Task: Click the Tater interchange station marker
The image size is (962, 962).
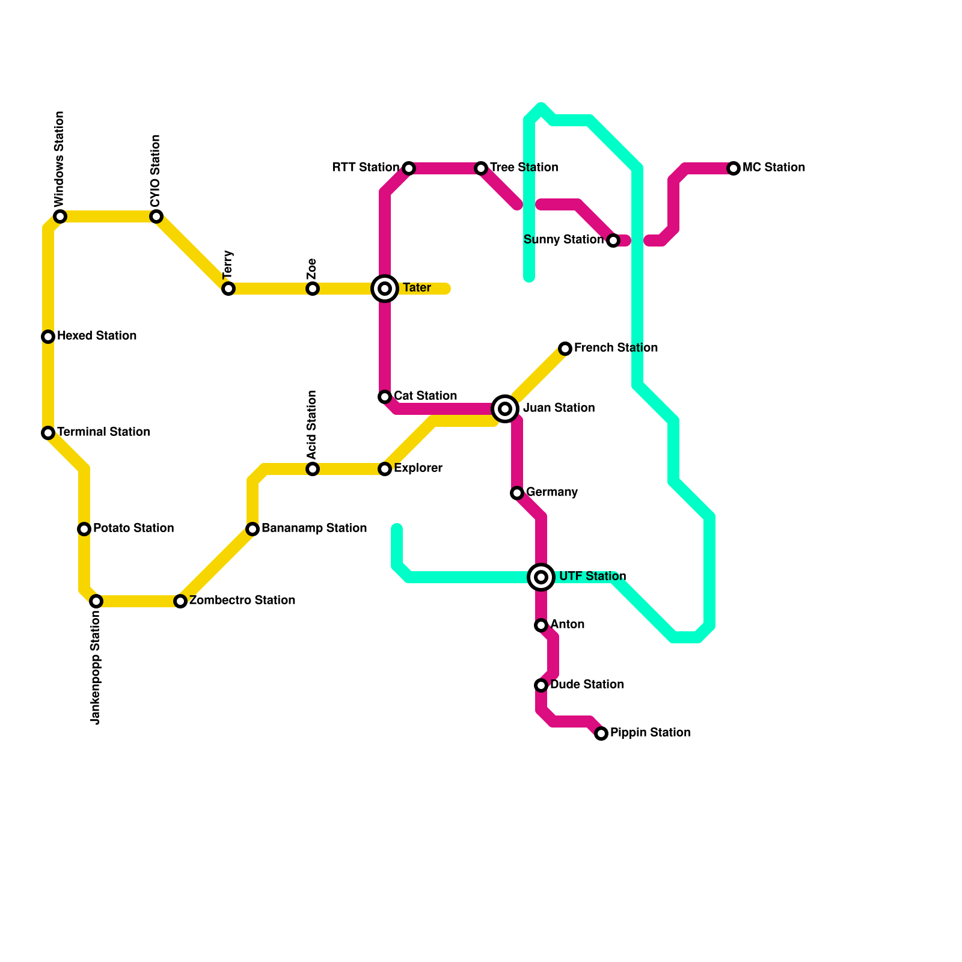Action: coord(385,289)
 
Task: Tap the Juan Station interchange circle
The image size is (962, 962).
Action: coord(505,409)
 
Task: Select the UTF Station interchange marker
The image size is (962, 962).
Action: coord(541,577)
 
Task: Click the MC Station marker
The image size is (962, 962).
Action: coord(734,168)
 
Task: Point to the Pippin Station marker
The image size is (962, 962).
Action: coord(601,734)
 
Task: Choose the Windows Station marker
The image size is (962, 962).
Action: coord(60,216)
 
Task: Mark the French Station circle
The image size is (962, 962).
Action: coord(565,349)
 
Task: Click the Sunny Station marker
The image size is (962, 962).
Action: coord(613,240)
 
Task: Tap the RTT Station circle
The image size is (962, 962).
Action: coord(409,168)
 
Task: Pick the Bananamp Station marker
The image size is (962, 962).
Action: coord(253,529)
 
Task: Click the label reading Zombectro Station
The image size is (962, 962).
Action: coord(242,600)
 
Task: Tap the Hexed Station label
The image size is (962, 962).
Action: coord(97,335)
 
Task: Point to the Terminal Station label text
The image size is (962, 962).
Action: coord(103,432)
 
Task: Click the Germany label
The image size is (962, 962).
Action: coord(551,492)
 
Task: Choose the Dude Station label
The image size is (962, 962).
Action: coord(587,684)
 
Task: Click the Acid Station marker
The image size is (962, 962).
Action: coord(313,469)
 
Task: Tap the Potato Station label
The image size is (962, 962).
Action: coord(133,528)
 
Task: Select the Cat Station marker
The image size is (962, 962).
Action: coord(385,397)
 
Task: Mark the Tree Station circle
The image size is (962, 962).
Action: coord(481,168)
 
